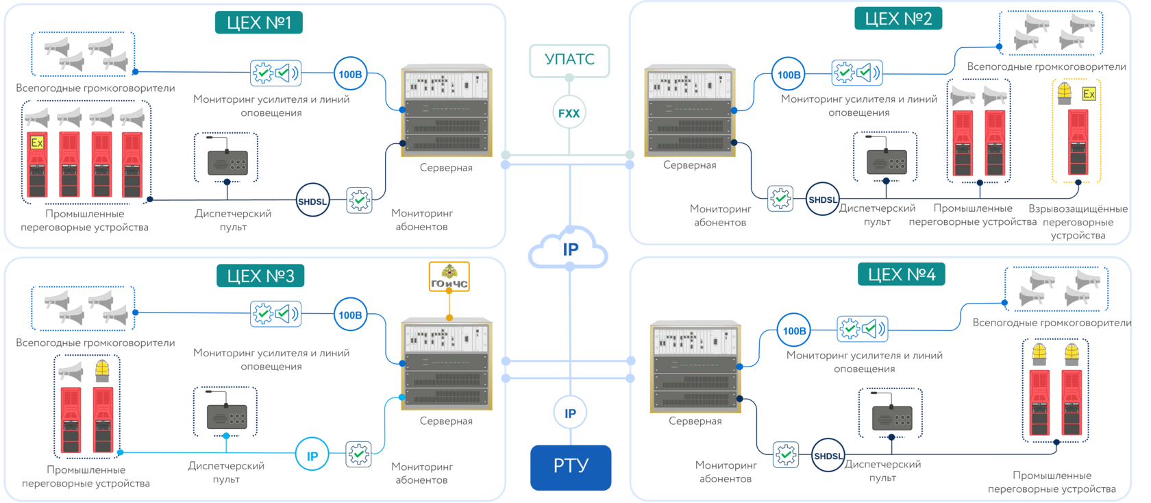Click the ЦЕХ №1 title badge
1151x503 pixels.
259,23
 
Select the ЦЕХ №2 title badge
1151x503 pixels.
898,19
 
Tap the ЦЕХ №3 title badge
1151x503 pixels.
260,276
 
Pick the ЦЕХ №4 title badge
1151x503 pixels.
902,275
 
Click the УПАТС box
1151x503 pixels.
569,60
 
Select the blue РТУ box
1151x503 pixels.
570,467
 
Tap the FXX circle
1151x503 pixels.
569,113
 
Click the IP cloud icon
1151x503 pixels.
569,249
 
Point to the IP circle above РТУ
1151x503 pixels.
570,413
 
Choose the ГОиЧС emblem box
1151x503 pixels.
449,276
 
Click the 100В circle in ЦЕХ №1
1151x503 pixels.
350,74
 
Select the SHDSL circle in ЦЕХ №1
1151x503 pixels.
312,201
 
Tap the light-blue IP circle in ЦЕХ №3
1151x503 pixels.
312,456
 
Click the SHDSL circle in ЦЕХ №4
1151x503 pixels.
828,456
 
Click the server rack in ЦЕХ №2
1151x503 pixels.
690,112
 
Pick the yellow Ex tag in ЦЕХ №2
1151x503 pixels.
1089,94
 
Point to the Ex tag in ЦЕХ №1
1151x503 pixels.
37,143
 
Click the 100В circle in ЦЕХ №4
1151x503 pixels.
794,331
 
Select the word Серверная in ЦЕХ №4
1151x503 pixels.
695,421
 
